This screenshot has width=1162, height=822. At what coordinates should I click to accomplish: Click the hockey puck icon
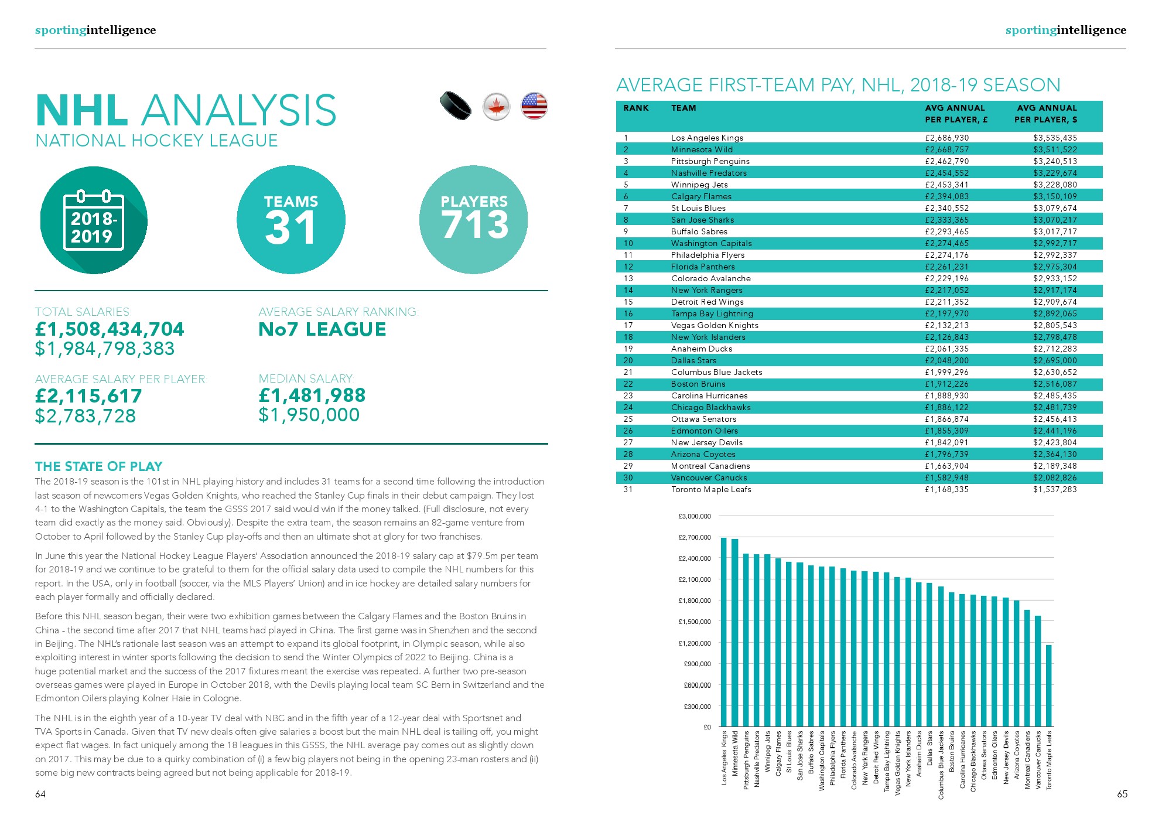coord(456,105)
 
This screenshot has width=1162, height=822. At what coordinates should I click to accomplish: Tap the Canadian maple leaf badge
coord(496,107)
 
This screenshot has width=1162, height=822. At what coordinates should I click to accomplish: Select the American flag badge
coord(534,106)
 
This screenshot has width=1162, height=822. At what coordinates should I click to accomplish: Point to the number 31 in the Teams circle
coord(290,228)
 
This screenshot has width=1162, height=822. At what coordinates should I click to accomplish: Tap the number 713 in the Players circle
coord(474,225)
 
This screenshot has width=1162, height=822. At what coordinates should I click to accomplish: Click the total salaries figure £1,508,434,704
coord(110,329)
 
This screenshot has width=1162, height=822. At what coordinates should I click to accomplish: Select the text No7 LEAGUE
coord(322,329)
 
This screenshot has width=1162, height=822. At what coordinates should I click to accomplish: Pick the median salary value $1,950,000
coord(309,415)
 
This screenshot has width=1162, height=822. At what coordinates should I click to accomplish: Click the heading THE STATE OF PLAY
coord(98,466)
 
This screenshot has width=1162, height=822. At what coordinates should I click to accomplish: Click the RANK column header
coord(636,108)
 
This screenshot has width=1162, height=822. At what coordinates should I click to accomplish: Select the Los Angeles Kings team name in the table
coord(707,138)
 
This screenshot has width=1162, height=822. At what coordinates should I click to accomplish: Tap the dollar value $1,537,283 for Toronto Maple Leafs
coord(1055,489)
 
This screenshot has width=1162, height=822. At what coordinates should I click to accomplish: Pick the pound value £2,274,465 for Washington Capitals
coord(946,243)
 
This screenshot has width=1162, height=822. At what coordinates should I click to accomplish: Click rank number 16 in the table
coord(628,313)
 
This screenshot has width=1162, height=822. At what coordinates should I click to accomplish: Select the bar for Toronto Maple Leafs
coord(1049,685)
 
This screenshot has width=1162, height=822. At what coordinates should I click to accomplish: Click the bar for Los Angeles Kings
coord(724,632)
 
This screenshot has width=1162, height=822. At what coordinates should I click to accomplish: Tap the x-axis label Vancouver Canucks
coord(1038,760)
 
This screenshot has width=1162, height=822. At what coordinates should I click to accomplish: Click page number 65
coord(1122,794)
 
